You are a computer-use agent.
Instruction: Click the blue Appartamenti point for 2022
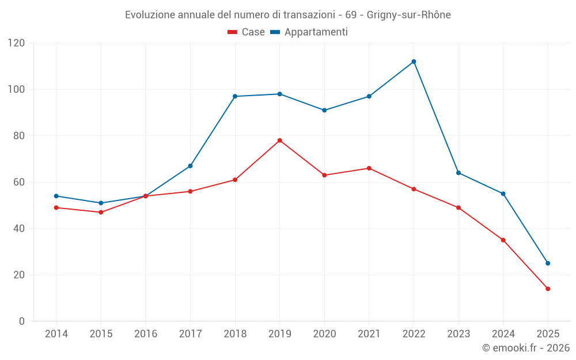pyautogui.click(x=414, y=62)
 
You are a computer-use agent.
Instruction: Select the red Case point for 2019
pyautogui.click(x=279, y=141)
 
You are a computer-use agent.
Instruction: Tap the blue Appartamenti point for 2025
pyautogui.click(x=548, y=263)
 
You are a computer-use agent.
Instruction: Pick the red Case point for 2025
pyautogui.click(x=548, y=289)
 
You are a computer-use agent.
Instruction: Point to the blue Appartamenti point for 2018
pyautogui.click(x=235, y=96)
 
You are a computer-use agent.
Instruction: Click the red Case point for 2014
pyautogui.click(x=56, y=207)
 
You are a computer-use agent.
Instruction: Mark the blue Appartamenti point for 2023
pyautogui.click(x=458, y=173)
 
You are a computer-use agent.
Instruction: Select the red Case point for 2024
pyautogui.click(x=503, y=240)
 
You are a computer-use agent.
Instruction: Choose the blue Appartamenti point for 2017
pyautogui.click(x=190, y=166)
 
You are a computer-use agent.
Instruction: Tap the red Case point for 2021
pyautogui.click(x=369, y=168)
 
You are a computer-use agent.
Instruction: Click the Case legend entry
pyautogui.click(x=247, y=32)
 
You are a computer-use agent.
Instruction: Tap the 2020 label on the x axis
pyautogui.click(x=324, y=334)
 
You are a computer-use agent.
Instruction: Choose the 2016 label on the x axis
pyautogui.click(x=146, y=334)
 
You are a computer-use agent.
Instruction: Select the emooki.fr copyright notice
pyautogui.click(x=525, y=348)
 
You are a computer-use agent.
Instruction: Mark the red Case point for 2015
pyautogui.click(x=101, y=212)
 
